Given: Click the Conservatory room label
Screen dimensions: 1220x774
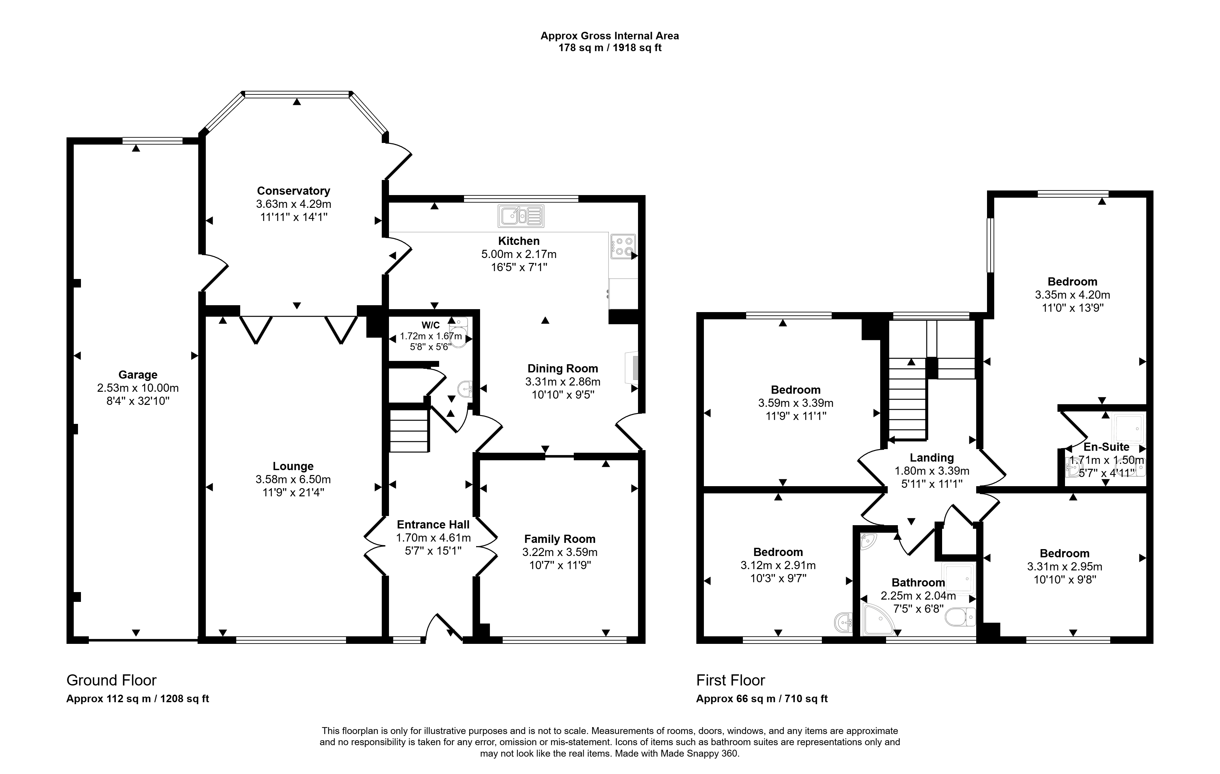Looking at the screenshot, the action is pyautogui.click(x=293, y=191).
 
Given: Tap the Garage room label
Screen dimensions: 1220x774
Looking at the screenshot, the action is pyautogui.click(x=138, y=375).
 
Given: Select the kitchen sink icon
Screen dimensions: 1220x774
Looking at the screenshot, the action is pyautogui.click(x=521, y=216).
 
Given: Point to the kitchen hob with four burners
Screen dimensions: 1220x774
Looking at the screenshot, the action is pyautogui.click(x=623, y=246).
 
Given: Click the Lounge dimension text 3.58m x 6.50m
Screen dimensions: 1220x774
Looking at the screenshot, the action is pyautogui.click(x=293, y=480).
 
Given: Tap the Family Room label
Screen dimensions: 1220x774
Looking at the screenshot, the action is pyautogui.click(x=560, y=539).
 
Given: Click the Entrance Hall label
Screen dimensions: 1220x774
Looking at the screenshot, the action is pyautogui.click(x=433, y=525).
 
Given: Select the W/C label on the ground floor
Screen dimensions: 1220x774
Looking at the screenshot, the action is pyautogui.click(x=431, y=326).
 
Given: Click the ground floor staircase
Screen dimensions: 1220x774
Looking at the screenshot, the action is pyautogui.click(x=409, y=430).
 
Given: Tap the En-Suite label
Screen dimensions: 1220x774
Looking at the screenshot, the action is pyautogui.click(x=1107, y=447).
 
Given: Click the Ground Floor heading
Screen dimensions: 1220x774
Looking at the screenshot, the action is pyautogui.click(x=111, y=680).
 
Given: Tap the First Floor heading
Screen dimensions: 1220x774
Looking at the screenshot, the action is pyautogui.click(x=730, y=680).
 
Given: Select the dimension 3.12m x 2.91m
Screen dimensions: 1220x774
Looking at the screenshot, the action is pyautogui.click(x=778, y=565).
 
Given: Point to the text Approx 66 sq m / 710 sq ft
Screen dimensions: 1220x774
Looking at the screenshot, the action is pyautogui.click(x=762, y=699).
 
